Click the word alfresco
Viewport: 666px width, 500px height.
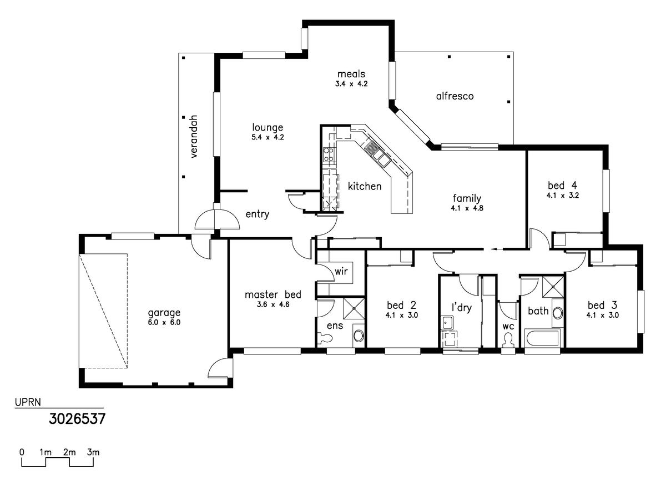pyautogui.click(x=455, y=96)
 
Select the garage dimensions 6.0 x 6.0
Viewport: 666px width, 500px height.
pyautogui.click(x=164, y=322)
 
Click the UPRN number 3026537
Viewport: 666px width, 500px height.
pyautogui.click(x=77, y=419)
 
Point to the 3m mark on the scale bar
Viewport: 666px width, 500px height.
pyautogui.click(x=93, y=452)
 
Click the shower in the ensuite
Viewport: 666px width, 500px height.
pyautogui.click(x=354, y=308)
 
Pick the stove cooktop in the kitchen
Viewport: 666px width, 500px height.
pyautogui.click(x=328, y=155)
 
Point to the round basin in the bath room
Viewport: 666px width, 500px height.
pyautogui.click(x=557, y=313)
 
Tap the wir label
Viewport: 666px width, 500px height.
pyautogui.click(x=341, y=272)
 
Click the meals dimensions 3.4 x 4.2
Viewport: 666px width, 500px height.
pyautogui.click(x=351, y=84)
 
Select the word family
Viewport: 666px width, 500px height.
pyautogui.click(x=467, y=198)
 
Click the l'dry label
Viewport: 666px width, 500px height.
pyautogui.click(x=462, y=308)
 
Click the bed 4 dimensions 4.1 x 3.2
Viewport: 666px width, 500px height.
pyautogui.click(x=563, y=196)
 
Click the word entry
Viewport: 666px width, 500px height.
pyautogui.click(x=258, y=214)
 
